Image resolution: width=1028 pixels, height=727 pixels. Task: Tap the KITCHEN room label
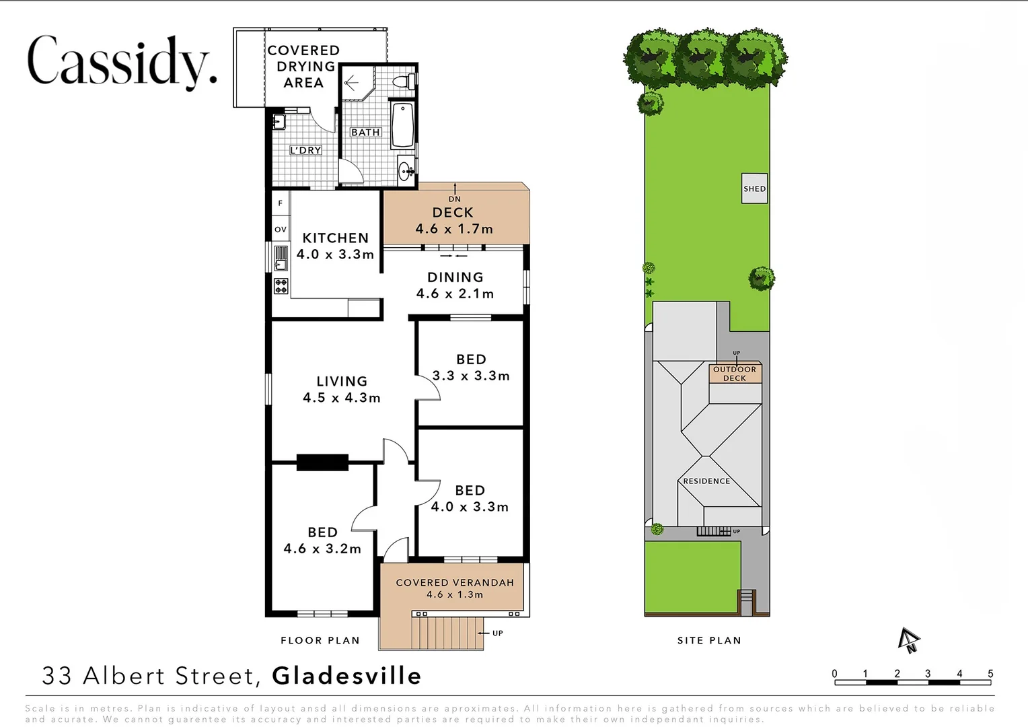pyautogui.click(x=335, y=238)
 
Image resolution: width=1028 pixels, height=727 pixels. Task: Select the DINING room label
pyautogui.click(x=455, y=277)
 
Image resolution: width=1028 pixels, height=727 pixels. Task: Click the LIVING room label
pyautogui.click(x=342, y=382)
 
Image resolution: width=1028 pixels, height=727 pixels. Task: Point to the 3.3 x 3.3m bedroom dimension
pyautogui.click(x=471, y=376)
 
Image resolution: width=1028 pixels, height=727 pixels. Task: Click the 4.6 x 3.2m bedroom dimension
pyautogui.click(x=322, y=549)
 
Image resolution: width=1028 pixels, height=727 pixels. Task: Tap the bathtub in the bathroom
pyautogui.click(x=402, y=125)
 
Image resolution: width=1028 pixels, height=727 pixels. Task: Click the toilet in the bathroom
pyautogui.click(x=402, y=82)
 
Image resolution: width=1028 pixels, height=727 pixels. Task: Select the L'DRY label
pyautogui.click(x=305, y=150)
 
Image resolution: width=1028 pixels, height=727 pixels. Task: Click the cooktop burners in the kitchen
pyautogui.click(x=281, y=285)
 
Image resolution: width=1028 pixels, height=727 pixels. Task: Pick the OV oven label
pyautogui.click(x=281, y=230)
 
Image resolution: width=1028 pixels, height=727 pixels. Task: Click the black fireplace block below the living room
pyautogui.click(x=322, y=462)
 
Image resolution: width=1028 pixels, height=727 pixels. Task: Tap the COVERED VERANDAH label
pyautogui.click(x=455, y=582)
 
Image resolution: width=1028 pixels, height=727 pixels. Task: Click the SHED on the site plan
pyautogui.click(x=754, y=188)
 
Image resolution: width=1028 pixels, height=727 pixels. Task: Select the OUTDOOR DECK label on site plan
pyautogui.click(x=735, y=374)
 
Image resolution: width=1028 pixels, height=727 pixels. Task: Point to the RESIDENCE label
pyautogui.click(x=706, y=481)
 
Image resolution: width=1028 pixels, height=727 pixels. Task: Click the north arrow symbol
pyautogui.click(x=909, y=640)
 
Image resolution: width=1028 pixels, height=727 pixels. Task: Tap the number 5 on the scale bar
pyautogui.click(x=990, y=674)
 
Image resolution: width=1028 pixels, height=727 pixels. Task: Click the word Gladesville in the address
pyautogui.click(x=346, y=676)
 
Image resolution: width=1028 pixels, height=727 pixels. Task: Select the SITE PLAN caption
pyautogui.click(x=709, y=640)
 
